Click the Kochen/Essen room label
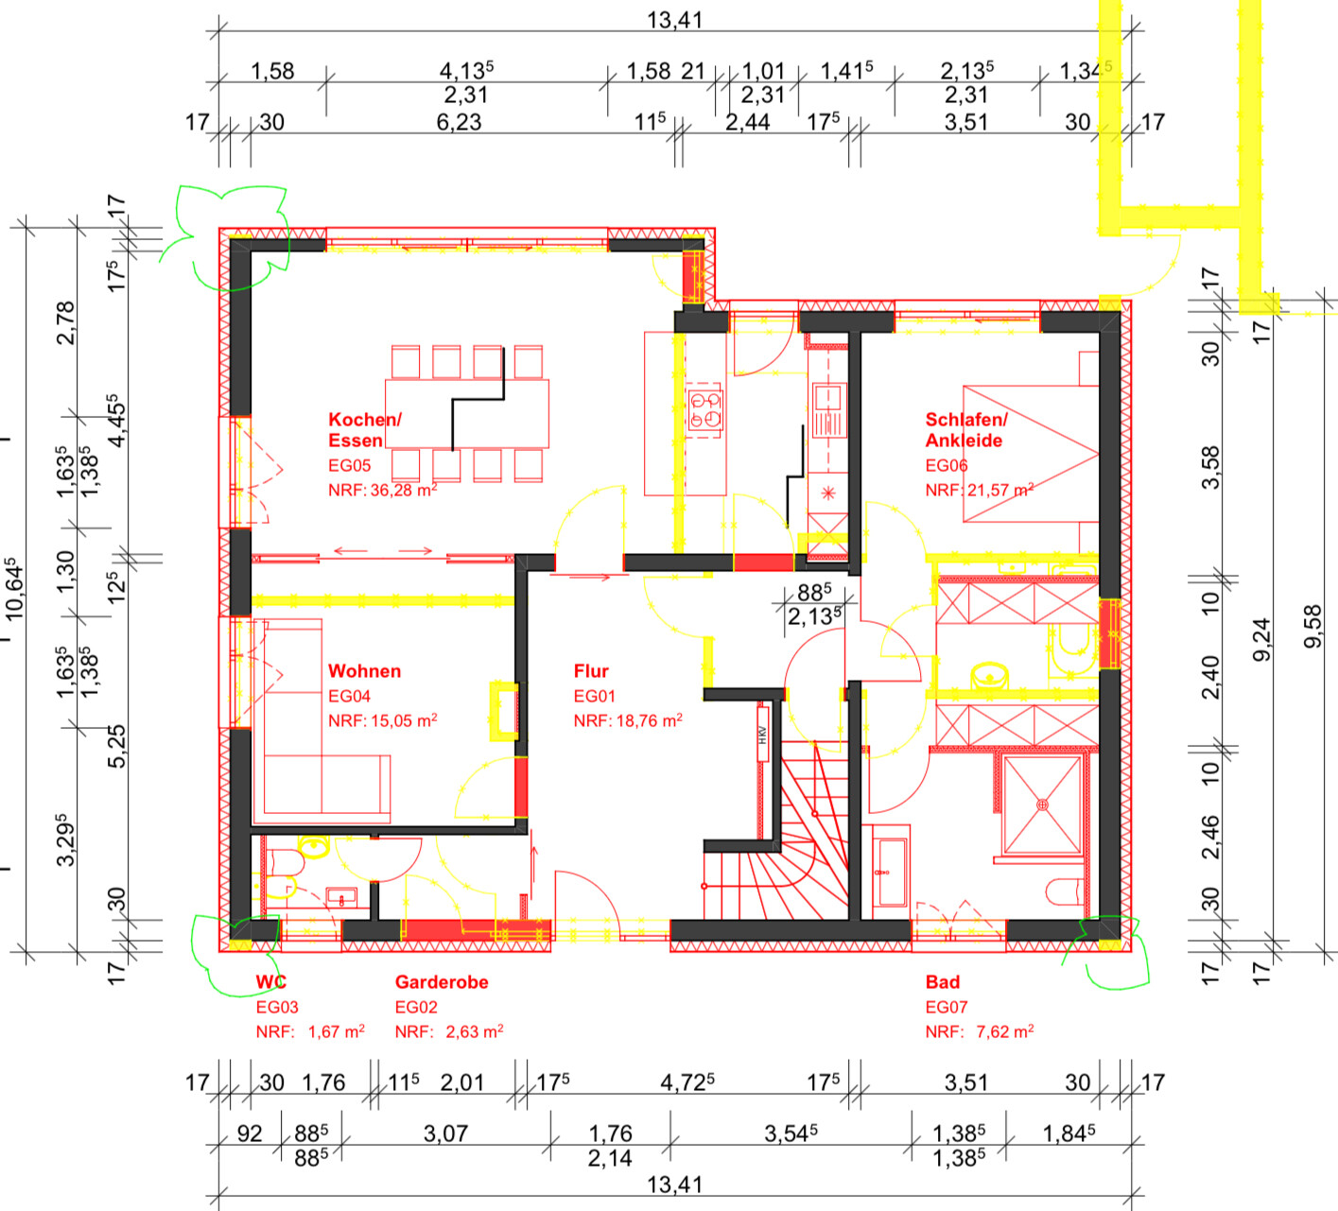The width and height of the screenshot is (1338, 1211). [365, 430]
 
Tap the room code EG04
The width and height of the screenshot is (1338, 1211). [349, 696]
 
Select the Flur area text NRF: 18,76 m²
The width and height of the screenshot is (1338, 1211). [628, 720]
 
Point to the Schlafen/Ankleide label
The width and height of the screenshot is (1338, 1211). [965, 430]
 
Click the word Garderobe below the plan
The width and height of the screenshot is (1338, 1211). [442, 982]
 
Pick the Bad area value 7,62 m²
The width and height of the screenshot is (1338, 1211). [1004, 1031]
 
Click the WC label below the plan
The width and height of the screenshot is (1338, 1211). [270, 982]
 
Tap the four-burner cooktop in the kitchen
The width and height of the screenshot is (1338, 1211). [704, 409]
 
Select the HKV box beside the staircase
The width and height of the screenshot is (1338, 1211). [763, 734]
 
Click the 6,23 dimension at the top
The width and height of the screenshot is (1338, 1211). [459, 122]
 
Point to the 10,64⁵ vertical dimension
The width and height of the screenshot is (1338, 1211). [14, 590]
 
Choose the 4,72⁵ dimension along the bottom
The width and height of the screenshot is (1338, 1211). [687, 1082]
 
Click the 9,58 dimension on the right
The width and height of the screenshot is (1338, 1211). [1312, 626]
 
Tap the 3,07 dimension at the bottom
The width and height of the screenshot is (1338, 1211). [445, 1133]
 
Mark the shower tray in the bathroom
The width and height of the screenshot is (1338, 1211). [1042, 804]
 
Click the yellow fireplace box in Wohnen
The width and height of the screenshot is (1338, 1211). [504, 711]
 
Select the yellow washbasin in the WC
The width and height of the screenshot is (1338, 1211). [314, 846]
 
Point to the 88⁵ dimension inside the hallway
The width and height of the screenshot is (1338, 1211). [813, 592]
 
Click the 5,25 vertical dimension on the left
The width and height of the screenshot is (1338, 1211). [116, 746]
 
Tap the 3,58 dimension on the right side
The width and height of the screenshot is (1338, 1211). [1210, 467]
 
